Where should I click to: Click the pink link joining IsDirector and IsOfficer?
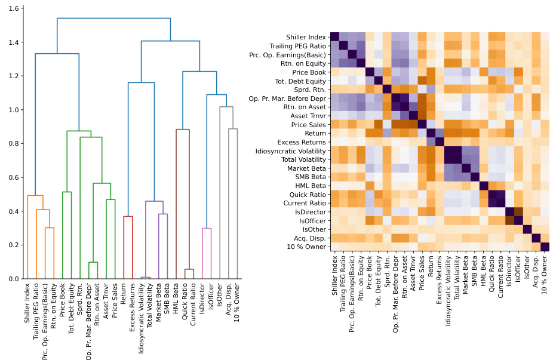coord(207,229)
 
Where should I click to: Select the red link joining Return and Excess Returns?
coord(128,217)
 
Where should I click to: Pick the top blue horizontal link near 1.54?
coord(113,19)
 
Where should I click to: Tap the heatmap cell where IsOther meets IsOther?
coord(527,229)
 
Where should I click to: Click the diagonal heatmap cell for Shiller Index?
coord(335,37)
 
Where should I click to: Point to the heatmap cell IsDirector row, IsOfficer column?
coord(519,212)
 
